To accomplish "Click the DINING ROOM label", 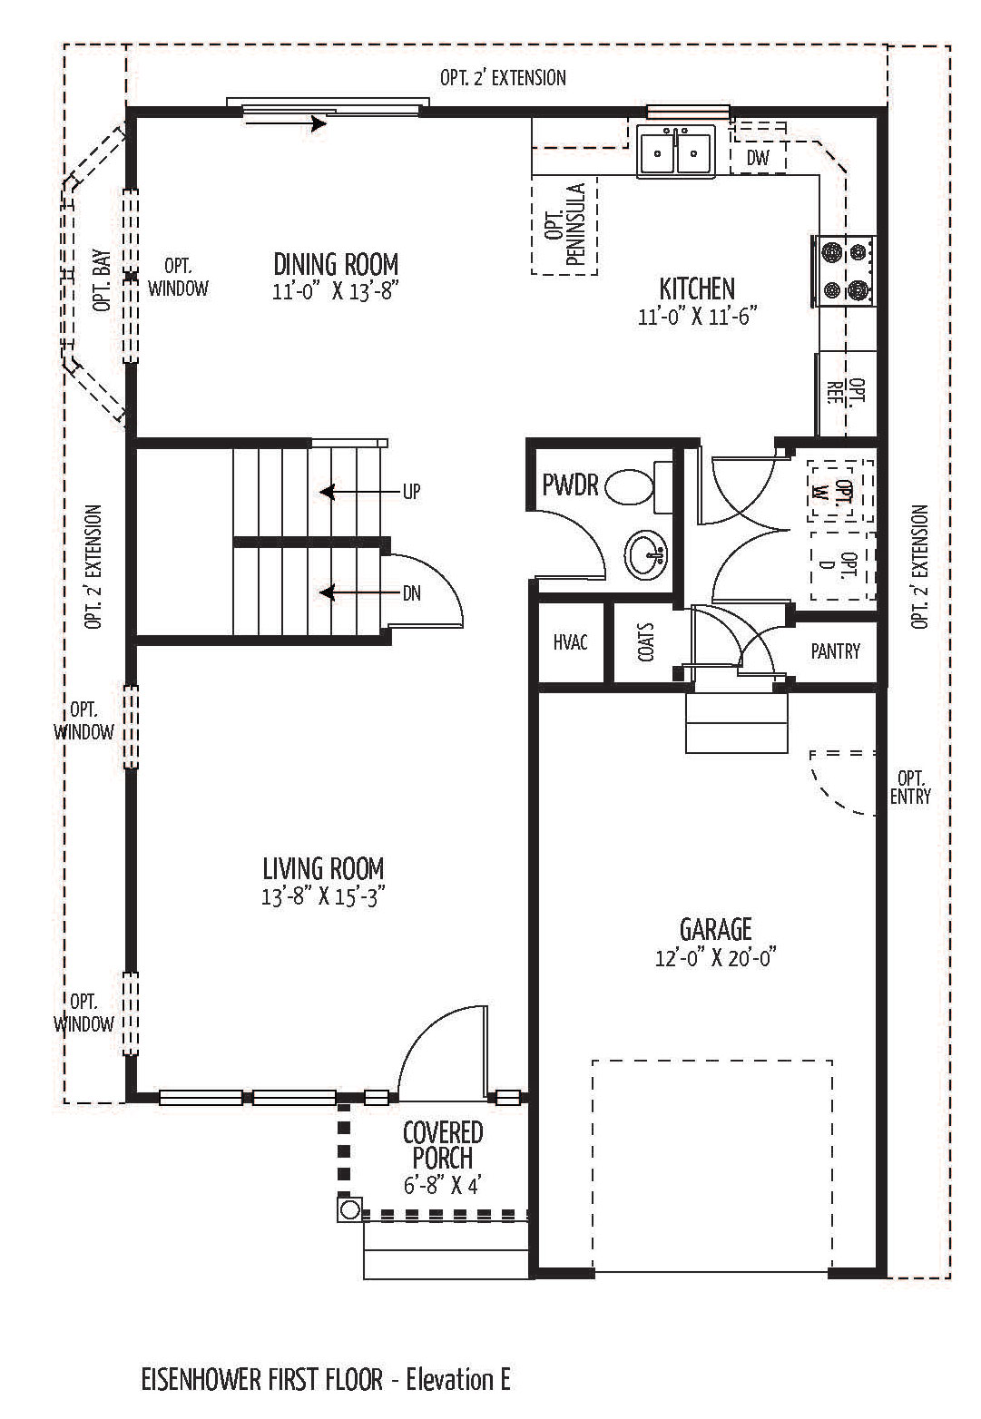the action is click(336, 264).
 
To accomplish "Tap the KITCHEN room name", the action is click(697, 289).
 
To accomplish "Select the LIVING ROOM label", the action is click(323, 868).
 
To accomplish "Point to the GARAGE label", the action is click(715, 929).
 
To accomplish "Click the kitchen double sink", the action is click(676, 152).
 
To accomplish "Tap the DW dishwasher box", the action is click(758, 157).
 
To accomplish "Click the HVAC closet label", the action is click(570, 642).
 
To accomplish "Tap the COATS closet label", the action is click(646, 642).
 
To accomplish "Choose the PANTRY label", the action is click(835, 651).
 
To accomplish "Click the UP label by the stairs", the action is click(411, 492).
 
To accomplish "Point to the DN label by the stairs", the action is click(411, 593).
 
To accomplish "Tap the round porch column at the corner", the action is click(349, 1210).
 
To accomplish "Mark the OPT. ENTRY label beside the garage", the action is click(910, 787).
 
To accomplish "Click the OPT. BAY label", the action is click(102, 280).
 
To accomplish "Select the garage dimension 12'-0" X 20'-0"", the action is click(716, 957).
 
